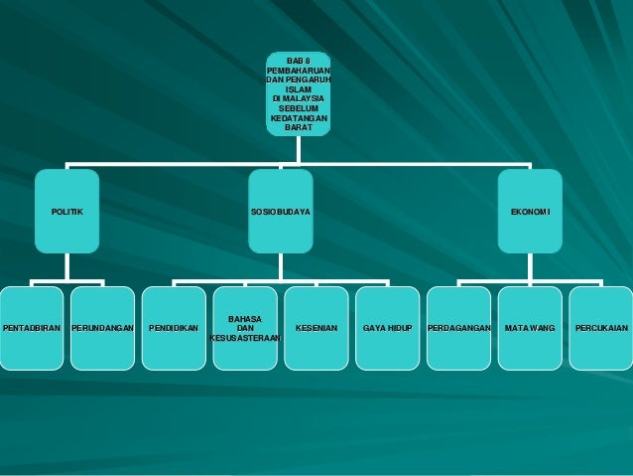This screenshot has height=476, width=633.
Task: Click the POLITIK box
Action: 67,213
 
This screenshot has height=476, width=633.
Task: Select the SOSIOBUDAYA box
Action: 281,213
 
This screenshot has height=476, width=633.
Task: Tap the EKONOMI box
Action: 529,213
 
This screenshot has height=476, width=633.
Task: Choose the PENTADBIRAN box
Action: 32,328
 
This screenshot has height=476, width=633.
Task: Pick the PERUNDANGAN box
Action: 103,328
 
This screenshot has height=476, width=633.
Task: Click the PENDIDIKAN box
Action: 174,328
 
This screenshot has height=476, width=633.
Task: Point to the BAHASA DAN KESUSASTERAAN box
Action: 245,328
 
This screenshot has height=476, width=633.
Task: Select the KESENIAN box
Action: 316,328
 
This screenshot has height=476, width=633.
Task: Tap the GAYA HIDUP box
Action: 387,328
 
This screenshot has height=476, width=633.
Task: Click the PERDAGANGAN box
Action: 458,328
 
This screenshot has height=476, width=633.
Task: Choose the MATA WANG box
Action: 529,328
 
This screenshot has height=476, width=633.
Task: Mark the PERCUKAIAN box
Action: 600,328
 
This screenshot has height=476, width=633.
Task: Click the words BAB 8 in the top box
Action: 298,62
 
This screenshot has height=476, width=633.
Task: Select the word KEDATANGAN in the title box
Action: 299,117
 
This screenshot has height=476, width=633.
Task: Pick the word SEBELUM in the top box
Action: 298,108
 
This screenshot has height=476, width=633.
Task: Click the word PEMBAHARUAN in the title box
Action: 299,71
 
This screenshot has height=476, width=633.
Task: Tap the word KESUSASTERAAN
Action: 245,338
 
